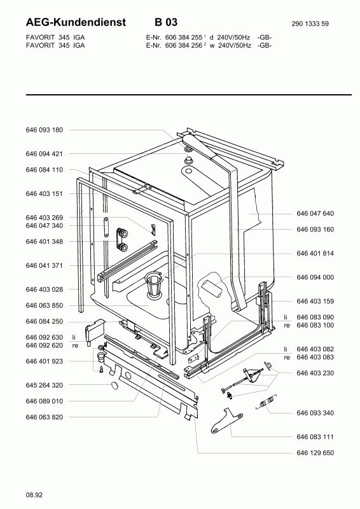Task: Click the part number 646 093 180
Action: pos(44,130)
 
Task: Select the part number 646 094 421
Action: pos(44,154)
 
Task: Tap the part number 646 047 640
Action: pos(315,213)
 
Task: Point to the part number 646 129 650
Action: pos(315,453)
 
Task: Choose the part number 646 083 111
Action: pos(315,437)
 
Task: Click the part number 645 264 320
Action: pos(44,386)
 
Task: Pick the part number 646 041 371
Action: pos(44,265)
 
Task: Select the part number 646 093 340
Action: pos(315,413)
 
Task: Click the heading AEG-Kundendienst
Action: pos(76,22)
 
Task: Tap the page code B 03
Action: pos(166,22)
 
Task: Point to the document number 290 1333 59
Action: pos(310,24)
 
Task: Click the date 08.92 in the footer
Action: pos(34,495)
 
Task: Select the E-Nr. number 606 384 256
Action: pos(184,45)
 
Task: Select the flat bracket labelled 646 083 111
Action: pos(226,421)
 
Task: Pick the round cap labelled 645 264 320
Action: pos(115,386)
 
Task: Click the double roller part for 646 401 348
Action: pos(121,239)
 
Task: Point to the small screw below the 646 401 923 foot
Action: pos(101,369)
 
